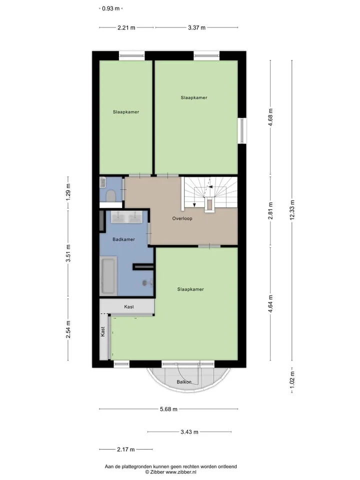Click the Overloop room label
(182, 218)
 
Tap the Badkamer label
(123, 239)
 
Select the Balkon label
(184, 381)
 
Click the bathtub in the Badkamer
(108, 276)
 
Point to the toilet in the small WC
(110, 195)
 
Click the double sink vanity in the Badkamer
(126, 217)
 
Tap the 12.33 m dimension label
(292, 209)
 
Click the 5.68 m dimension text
(168, 409)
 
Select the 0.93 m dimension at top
(111, 8)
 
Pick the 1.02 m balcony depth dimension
(292, 379)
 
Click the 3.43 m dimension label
(189, 432)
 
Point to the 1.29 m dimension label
(68, 192)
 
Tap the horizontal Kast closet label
(129, 306)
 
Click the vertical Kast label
(103, 331)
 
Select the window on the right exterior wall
(242, 130)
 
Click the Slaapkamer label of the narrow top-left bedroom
(126, 112)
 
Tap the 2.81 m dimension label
(270, 210)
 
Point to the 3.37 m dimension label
(196, 27)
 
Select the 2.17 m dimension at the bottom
(126, 449)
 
